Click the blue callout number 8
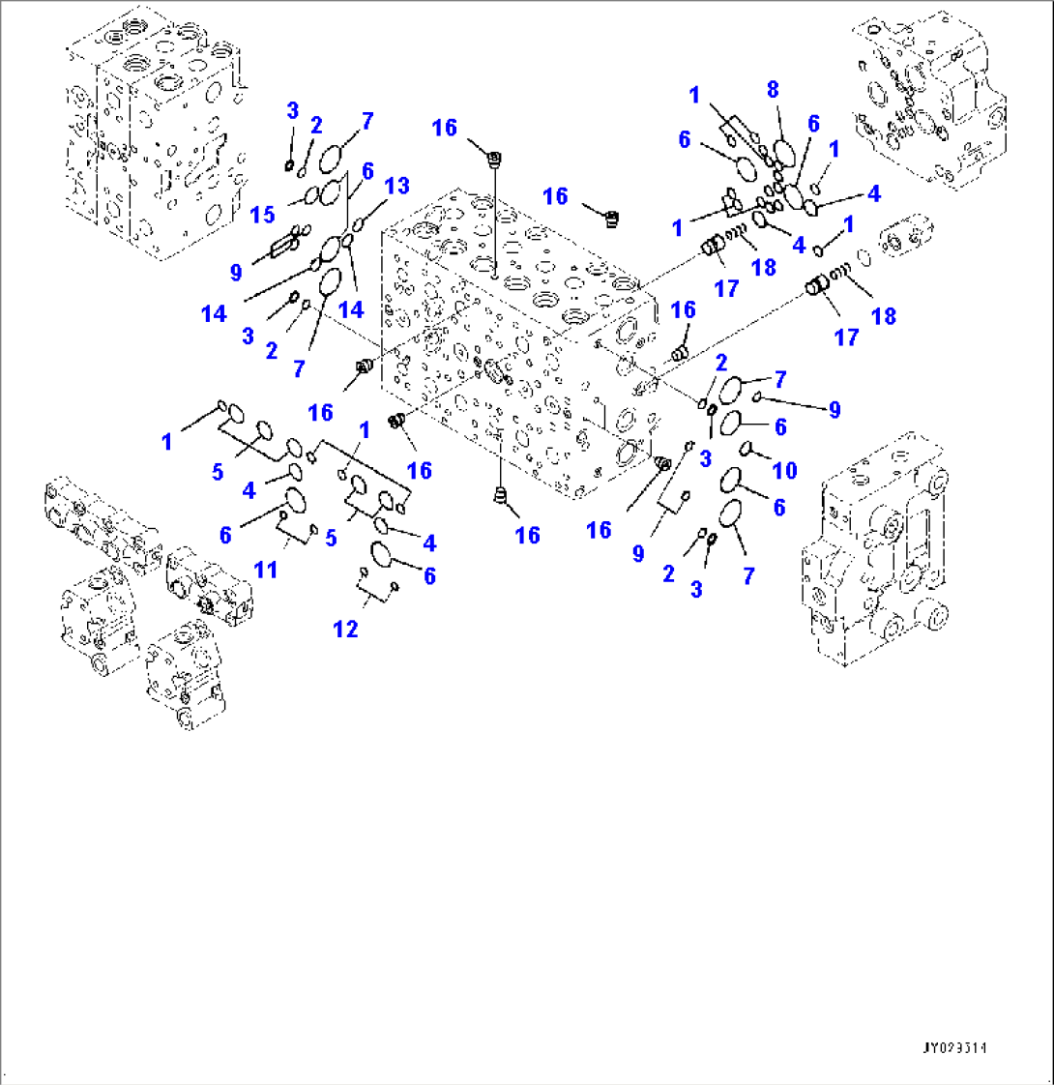772,90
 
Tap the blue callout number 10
784,470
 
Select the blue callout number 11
265,570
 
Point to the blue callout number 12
345,630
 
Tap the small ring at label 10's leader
746,447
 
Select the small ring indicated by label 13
358,224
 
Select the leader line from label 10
763,455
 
